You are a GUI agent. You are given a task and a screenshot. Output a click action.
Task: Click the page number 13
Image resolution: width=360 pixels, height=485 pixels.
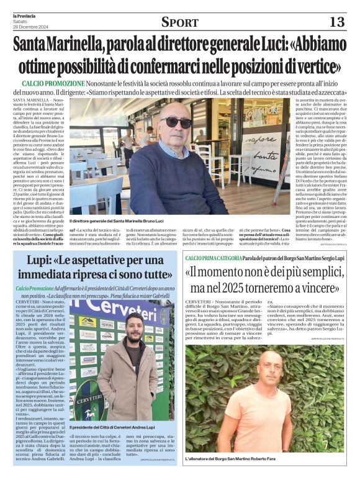(336, 22)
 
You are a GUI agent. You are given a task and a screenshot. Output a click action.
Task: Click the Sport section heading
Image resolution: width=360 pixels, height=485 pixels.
(179, 23)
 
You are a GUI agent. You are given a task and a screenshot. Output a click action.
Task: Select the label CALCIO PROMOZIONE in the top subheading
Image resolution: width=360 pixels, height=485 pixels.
(53, 83)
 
